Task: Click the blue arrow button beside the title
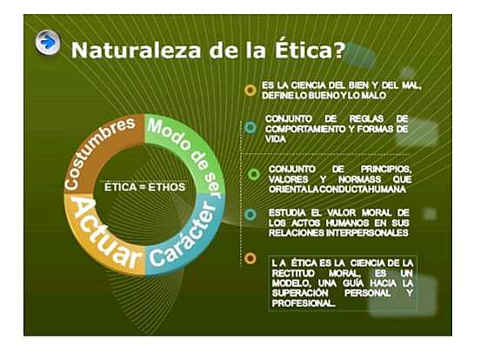48,41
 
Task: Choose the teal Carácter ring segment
185,233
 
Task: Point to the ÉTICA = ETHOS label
143,186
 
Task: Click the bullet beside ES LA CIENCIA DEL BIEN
250,90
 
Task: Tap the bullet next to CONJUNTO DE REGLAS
250,127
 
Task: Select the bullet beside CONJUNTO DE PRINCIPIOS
254,174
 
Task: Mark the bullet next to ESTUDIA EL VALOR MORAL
250,214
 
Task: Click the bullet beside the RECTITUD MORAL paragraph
250,258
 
